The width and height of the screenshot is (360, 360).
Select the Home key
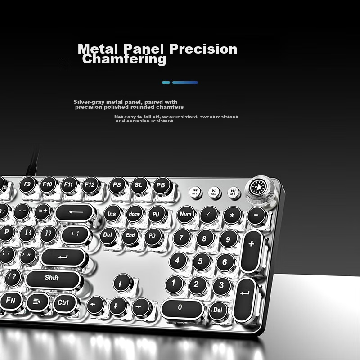coord(135,214)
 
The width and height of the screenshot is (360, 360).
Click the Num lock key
coord(185,215)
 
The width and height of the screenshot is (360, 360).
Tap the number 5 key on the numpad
coord(201,261)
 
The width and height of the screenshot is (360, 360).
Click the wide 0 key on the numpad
coord(180,309)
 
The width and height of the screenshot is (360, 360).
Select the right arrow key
coord(141,307)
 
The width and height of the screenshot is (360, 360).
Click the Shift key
coord(52,279)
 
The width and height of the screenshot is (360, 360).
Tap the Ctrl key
coord(63,302)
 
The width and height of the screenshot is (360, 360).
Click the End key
coord(130,235)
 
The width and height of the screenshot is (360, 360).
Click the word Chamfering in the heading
coord(124,60)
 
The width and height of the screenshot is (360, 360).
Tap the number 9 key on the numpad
coord(228,238)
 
